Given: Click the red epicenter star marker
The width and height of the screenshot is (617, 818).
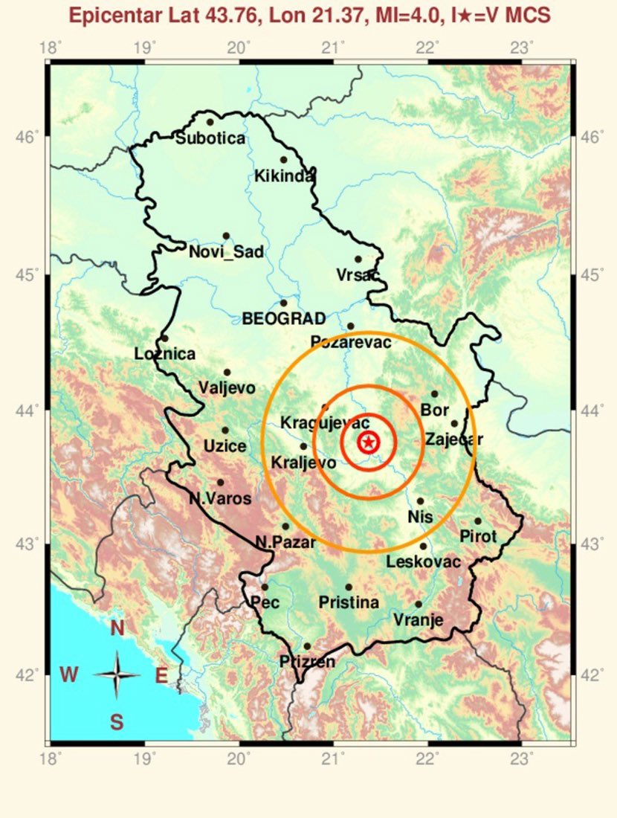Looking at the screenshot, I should tap(369, 443).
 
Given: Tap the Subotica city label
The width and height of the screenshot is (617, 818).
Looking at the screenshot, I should tap(210, 138).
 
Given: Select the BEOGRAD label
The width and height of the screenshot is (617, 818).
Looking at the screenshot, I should tap(284, 319).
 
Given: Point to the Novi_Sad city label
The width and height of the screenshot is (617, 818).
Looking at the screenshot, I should tap(226, 252).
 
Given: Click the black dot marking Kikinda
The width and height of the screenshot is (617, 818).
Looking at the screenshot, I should tap(283, 159).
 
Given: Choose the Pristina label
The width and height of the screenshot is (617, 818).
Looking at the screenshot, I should tap(348, 602).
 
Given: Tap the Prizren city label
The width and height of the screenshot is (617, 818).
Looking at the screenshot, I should tap(307, 661).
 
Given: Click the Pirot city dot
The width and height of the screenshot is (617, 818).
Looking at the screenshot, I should tap(478, 521).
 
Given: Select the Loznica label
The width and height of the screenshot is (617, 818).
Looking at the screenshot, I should tap(165, 355).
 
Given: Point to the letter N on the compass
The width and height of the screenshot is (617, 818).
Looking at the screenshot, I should tap(117, 629).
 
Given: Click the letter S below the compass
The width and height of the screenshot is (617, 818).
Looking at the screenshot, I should tap(117, 721).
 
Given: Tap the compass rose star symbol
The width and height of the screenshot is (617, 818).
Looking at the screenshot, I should tap(117, 675).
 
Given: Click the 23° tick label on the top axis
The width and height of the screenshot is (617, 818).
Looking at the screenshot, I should tap(523, 49).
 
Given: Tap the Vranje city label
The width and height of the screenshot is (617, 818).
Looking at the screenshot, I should tap(418, 620).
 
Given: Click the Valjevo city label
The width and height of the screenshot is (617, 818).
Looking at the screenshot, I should tap(227, 388).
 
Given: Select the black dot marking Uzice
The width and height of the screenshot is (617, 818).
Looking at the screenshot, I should tap(225, 430).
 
